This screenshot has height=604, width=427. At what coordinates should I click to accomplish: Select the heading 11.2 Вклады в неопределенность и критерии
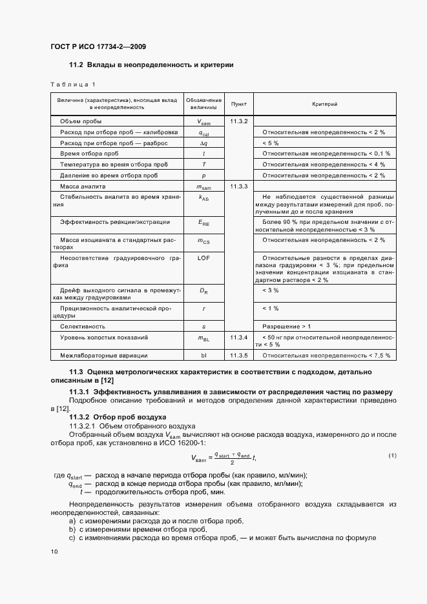[x=151, y=65]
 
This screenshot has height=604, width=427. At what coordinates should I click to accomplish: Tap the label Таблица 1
[x=72, y=85]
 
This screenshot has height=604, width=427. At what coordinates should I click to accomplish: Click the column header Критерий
[x=325, y=104]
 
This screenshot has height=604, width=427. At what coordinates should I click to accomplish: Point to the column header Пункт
[x=238, y=104]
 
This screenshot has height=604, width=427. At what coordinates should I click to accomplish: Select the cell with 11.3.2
[x=238, y=121]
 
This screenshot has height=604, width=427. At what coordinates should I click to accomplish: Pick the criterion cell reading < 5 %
[x=270, y=143]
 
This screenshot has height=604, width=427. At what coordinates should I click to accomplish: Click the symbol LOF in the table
[x=203, y=257]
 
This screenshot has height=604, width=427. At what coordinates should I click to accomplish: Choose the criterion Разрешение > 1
[x=286, y=326]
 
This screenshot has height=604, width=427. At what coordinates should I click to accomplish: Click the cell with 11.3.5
[x=238, y=355]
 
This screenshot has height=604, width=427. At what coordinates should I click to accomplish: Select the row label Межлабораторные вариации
[x=104, y=355]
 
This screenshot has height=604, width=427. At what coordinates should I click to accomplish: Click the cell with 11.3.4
[x=238, y=337]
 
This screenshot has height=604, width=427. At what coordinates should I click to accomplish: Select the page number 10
[x=54, y=551]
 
